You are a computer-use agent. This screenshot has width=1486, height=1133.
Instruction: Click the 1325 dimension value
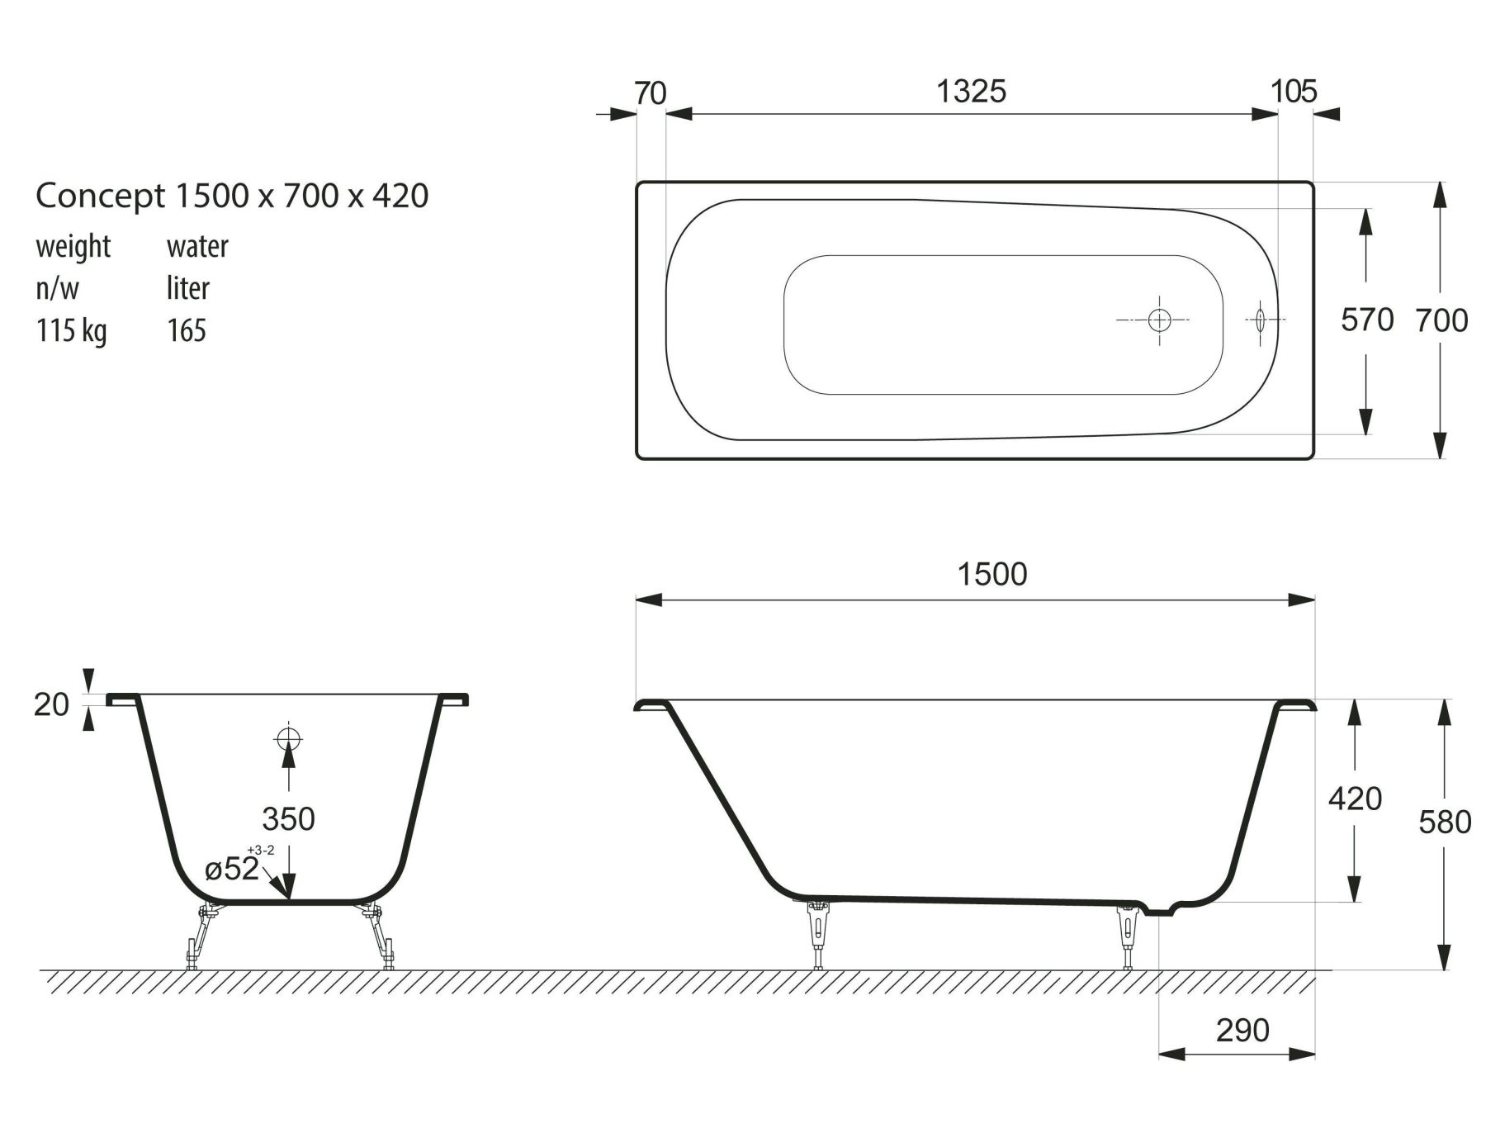pos(971,91)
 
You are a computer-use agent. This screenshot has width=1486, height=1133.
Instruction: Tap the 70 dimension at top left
pos(650,93)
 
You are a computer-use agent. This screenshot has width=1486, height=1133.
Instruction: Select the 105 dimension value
pos(1294,91)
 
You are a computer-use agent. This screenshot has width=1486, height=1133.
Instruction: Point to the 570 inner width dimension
pos(1367,320)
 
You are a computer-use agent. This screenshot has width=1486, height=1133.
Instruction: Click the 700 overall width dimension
pos(1441,320)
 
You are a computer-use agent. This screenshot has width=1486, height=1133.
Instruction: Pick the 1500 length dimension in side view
pos(992,574)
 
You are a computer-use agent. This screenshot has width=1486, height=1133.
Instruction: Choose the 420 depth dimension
pos(1355,799)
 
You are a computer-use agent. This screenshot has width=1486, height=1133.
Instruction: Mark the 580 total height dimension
pos(1445,822)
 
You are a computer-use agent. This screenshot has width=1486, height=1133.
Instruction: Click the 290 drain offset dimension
pos(1242,1030)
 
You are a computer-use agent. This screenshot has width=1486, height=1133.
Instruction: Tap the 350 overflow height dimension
pos(288,818)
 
